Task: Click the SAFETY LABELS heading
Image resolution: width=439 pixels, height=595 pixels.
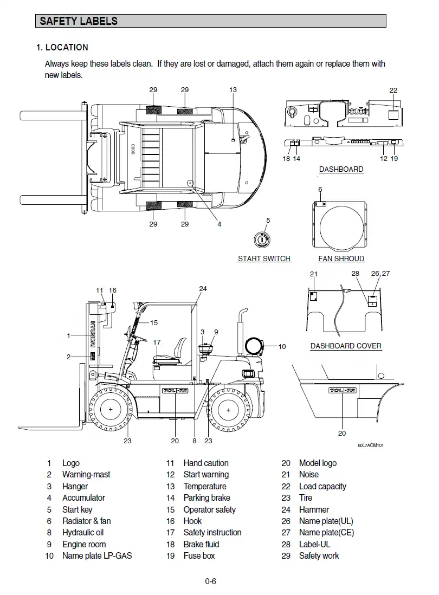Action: [79, 22]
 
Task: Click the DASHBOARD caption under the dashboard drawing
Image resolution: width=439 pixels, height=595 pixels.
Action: [341, 169]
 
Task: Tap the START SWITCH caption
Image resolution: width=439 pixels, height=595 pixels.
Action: [264, 258]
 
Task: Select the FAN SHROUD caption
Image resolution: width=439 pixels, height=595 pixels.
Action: [341, 258]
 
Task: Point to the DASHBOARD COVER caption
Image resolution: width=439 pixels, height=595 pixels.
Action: [346, 346]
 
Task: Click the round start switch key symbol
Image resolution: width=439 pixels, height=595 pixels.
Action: [262, 239]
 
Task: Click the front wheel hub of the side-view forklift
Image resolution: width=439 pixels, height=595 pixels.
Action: [111, 409]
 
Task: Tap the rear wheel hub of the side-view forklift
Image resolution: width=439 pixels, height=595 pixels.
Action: [231, 409]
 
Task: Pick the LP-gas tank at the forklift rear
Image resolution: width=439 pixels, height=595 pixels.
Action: [253, 346]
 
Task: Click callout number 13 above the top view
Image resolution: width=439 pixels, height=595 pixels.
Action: [233, 90]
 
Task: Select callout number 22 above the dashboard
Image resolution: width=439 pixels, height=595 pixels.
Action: [393, 90]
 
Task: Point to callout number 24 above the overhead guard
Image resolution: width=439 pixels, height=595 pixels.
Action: [203, 289]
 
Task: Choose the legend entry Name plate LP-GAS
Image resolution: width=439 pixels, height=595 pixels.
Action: [96, 555]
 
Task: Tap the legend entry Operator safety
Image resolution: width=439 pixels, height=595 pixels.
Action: [209, 509]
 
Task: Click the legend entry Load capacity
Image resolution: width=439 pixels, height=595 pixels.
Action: [322, 487]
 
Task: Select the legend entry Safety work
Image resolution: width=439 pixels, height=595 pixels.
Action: [319, 555]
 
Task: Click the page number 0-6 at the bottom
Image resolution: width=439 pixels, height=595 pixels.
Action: [210, 582]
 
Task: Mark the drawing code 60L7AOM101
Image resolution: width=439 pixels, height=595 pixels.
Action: [371, 445]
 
